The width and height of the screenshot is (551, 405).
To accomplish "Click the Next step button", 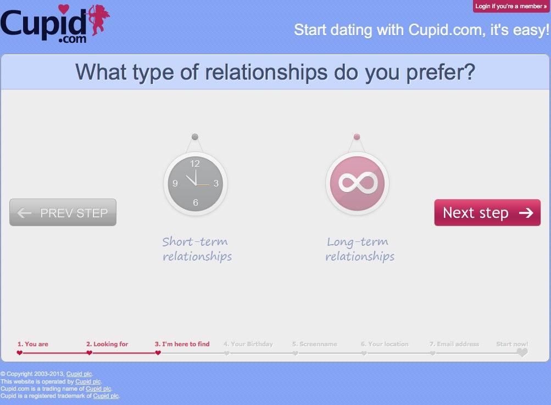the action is tap(487, 213).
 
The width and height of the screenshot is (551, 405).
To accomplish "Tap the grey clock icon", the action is tap(196, 183).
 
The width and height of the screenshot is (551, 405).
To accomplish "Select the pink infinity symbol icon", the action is tap(358, 183).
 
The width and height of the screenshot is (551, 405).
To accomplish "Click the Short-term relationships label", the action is tap(197, 249).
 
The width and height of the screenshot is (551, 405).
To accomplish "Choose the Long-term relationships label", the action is tap(360, 249).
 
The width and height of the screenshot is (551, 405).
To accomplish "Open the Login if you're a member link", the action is tap(511, 7).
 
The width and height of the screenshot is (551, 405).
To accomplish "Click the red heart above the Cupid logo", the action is tap(64, 9).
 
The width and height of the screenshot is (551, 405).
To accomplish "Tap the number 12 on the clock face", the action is tap(194, 164).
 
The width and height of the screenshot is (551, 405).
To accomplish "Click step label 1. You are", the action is tap(33, 344).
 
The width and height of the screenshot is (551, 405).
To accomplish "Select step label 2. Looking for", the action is tap(107, 344).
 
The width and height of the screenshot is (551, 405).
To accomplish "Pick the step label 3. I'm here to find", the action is tap(182, 344).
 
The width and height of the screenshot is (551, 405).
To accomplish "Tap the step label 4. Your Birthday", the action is tap(248, 344).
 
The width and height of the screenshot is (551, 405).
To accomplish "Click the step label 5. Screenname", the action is tap(315, 344).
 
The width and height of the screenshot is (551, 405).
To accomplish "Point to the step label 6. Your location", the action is tap(385, 344).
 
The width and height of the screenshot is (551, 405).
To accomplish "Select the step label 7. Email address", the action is tap(454, 344).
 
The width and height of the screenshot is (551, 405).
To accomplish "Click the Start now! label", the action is tap(512, 344).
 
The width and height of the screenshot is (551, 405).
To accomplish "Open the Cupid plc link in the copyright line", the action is tap(79, 374).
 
